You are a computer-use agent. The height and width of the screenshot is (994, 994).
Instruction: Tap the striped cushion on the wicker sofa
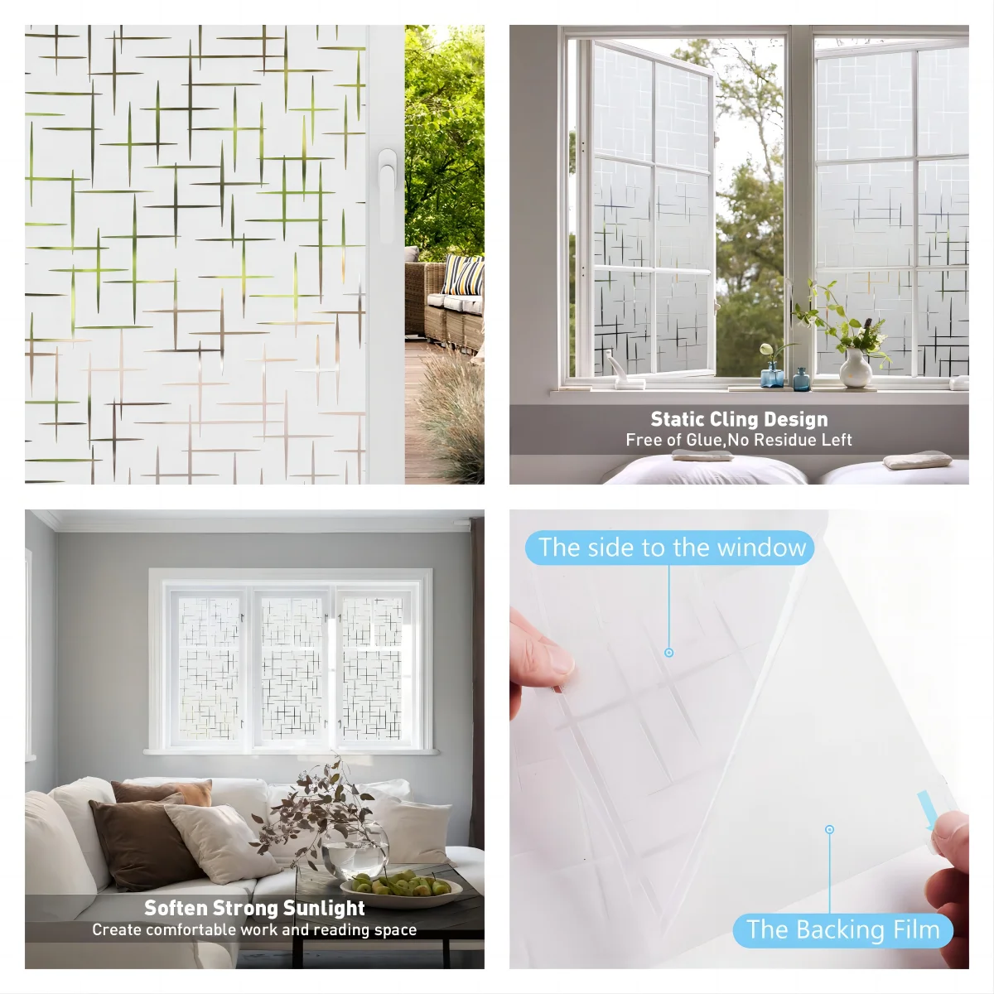(x=464, y=275)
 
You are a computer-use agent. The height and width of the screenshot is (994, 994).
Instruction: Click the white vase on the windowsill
(x=856, y=368)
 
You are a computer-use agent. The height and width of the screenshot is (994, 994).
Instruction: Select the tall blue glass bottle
(x=772, y=374)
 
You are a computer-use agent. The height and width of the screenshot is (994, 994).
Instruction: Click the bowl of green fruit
(x=401, y=889)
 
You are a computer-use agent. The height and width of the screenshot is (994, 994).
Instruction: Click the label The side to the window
(x=669, y=548)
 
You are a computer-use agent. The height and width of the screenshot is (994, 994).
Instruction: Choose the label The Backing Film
(x=843, y=930)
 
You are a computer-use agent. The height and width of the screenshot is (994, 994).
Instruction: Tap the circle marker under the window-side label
(x=669, y=653)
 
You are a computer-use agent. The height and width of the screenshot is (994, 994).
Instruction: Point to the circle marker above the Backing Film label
(x=829, y=829)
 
